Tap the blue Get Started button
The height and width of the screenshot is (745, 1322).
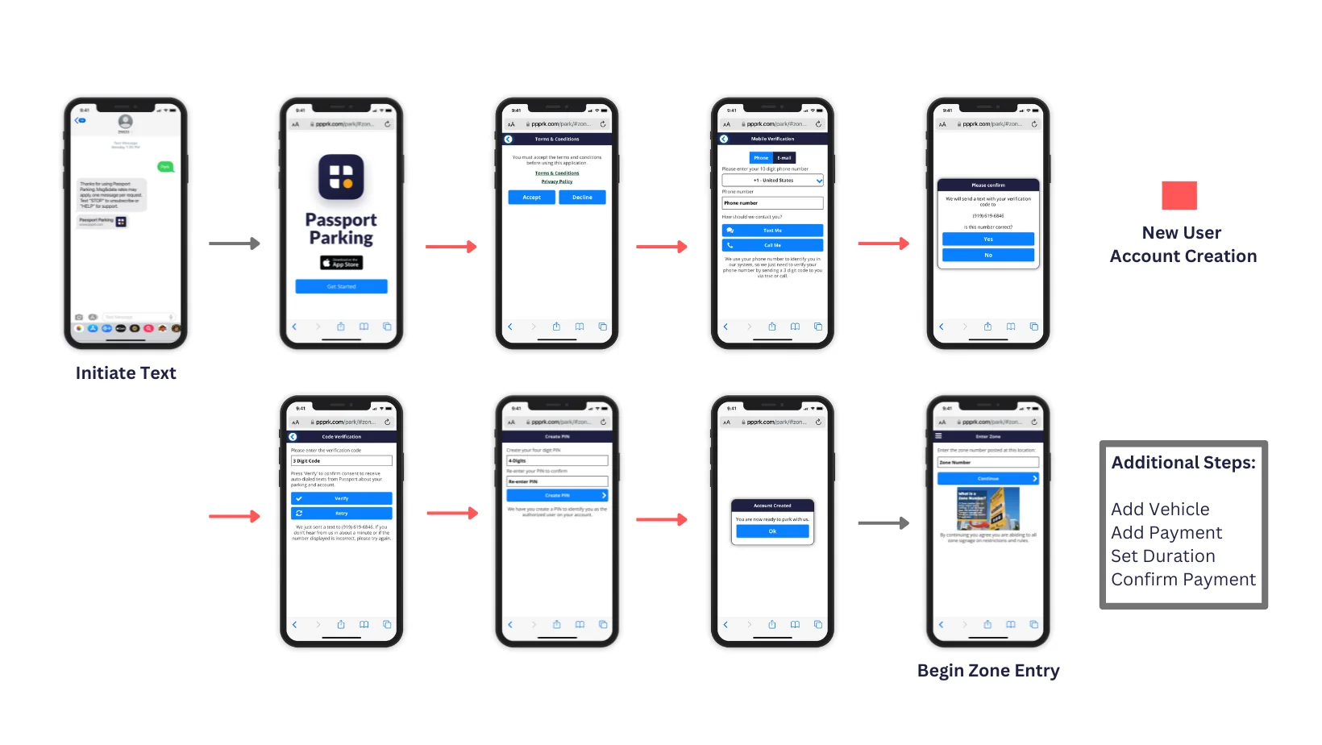[x=341, y=286]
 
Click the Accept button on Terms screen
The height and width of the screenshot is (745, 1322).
[x=532, y=198]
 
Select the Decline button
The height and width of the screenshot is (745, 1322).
[x=582, y=198]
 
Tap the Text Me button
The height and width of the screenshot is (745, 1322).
[x=772, y=231]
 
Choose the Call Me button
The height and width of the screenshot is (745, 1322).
[x=772, y=245]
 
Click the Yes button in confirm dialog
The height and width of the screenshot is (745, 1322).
[x=987, y=239]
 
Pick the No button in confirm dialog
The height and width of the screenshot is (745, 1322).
[x=987, y=255]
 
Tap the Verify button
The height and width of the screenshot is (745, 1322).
[x=341, y=498]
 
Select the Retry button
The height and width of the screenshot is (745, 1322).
[x=341, y=513]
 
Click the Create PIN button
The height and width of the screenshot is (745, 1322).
[x=557, y=495]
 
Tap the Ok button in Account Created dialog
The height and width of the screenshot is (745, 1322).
[x=772, y=531]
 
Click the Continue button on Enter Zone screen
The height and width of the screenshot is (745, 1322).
[x=987, y=479]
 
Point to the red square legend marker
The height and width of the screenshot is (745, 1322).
[x=1179, y=195]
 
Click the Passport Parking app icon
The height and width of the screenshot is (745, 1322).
[x=341, y=177]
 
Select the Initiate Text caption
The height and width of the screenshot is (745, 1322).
[x=126, y=373]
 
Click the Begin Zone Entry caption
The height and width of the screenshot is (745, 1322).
[x=988, y=671]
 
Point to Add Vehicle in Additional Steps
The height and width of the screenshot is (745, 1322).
[x=1160, y=510]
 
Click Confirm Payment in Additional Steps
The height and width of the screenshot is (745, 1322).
[x=1183, y=580]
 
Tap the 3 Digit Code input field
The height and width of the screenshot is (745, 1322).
[x=341, y=461]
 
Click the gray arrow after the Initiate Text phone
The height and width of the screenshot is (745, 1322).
[x=234, y=243]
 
